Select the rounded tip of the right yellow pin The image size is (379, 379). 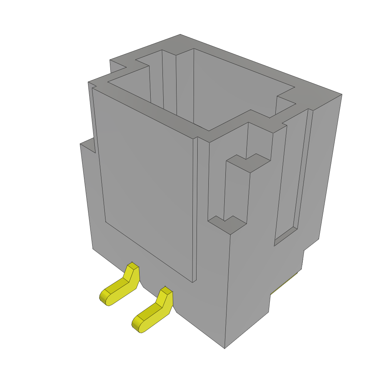tap(137, 325)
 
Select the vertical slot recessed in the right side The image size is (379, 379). tap(236, 192)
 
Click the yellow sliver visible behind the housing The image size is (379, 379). tap(285, 285)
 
